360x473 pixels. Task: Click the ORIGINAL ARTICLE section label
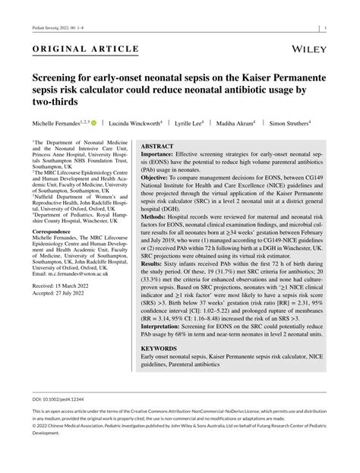click(x=85, y=49)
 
